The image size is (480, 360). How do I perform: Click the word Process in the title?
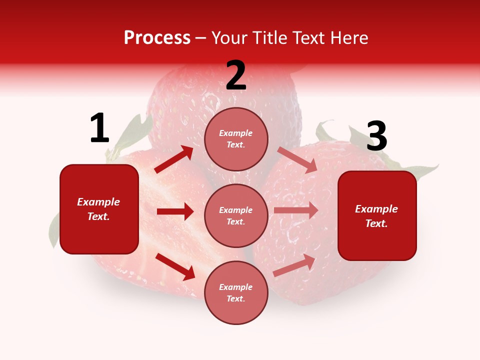(x=157, y=38)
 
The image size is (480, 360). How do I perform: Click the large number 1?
(x=99, y=128)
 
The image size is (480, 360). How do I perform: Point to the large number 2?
(x=236, y=75)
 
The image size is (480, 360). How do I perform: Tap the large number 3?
(x=376, y=136)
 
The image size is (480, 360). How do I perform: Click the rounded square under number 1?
(x=99, y=209)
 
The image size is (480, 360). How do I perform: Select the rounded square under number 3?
(x=377, y=215)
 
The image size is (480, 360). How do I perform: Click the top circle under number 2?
(x=236, y=139)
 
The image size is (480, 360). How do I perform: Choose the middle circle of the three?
(x=236, y=215)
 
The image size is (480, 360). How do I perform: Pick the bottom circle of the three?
(x=236, y=292)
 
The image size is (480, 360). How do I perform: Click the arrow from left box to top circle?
(x=173, y=159)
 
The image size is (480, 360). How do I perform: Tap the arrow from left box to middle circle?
(x=175, y=211)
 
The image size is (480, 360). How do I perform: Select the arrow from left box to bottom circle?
(x=175, y=266)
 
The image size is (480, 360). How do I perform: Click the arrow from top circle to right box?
(x=297, y=160)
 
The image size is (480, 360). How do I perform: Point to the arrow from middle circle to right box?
(x=296, y=210)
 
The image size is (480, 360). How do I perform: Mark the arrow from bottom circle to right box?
(x=294, y=265)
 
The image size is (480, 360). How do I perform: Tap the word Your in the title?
(x=229, y=38)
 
